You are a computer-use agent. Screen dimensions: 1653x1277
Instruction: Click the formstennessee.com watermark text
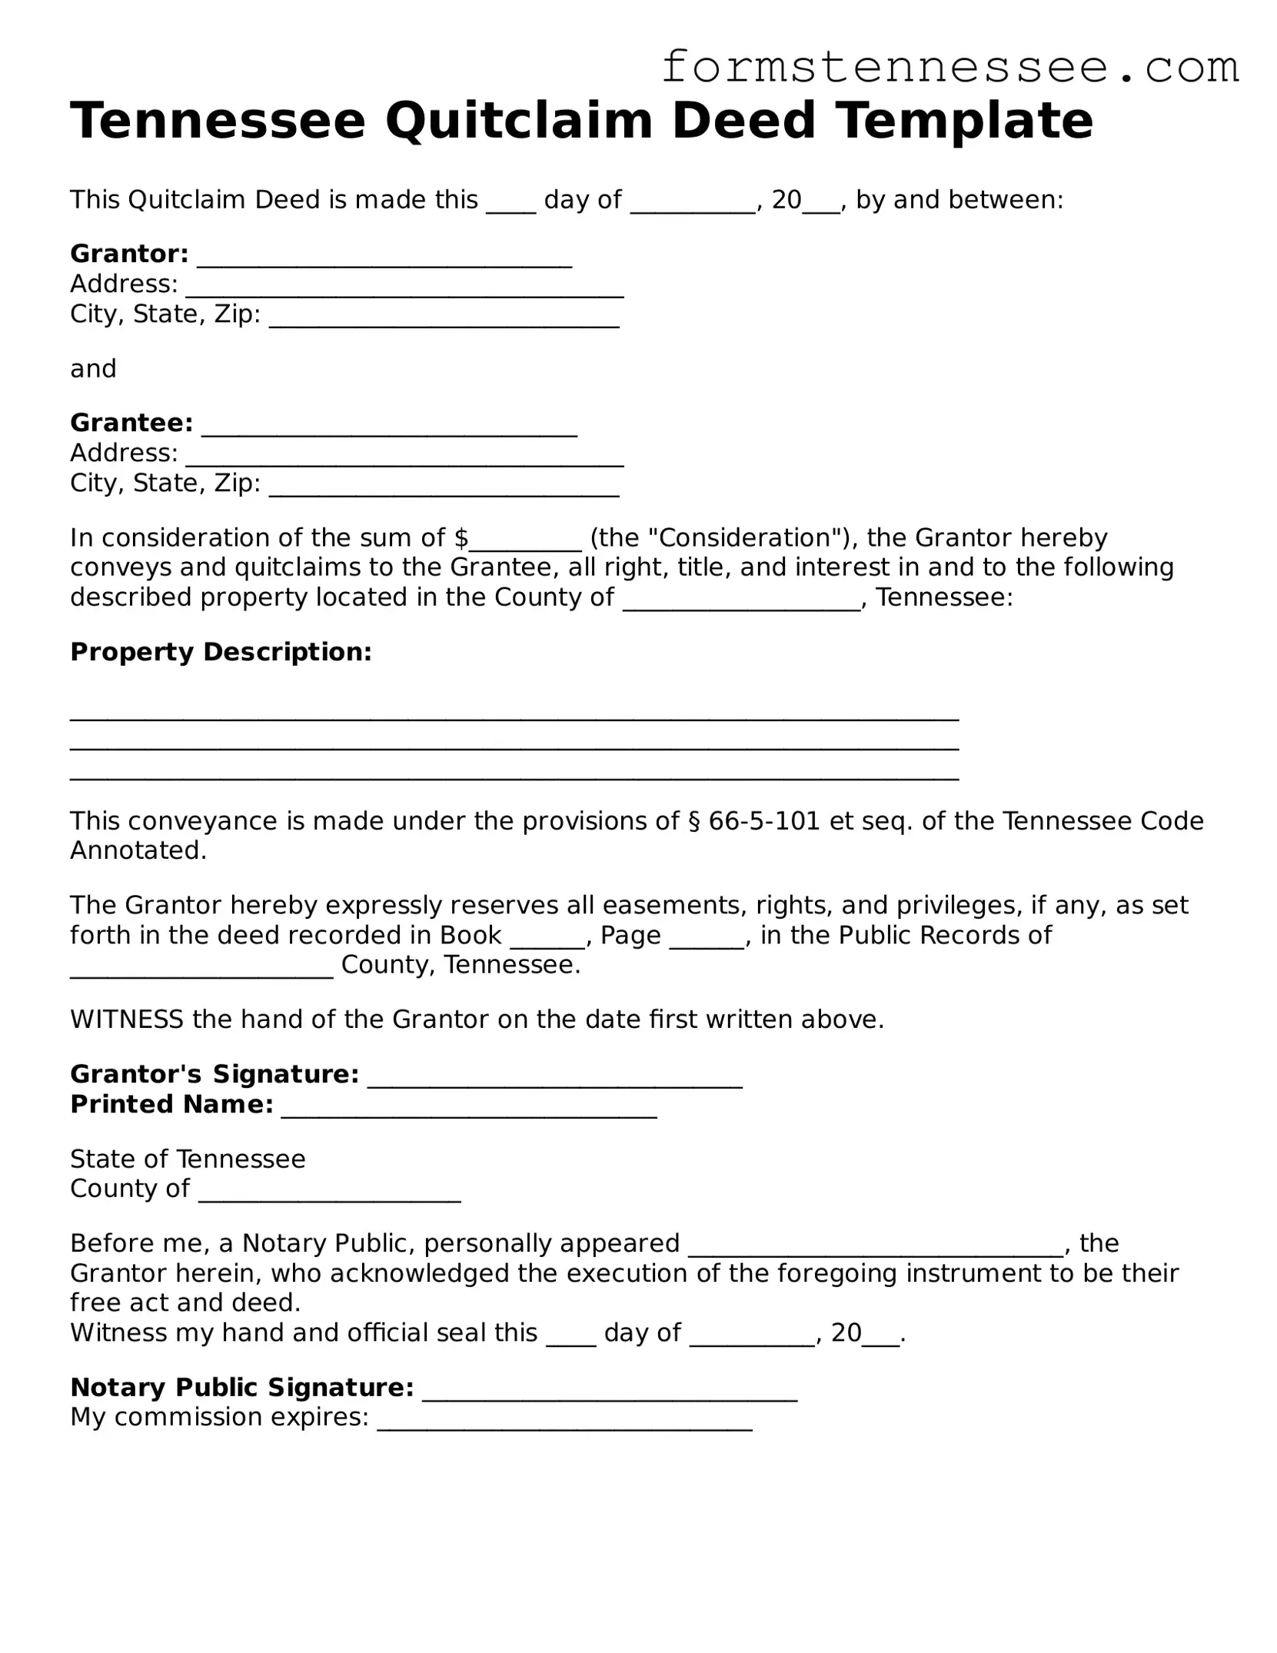coord(949,68)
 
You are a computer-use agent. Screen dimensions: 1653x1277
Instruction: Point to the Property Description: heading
coord(221,652)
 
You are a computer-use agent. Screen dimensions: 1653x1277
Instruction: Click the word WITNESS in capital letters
coord(126,1019)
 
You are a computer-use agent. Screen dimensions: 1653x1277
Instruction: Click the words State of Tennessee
coord(188,1159)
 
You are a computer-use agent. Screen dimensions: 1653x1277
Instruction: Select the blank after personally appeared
coord(876,1249)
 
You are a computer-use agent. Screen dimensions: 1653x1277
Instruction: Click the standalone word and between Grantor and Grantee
coord(93,369)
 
